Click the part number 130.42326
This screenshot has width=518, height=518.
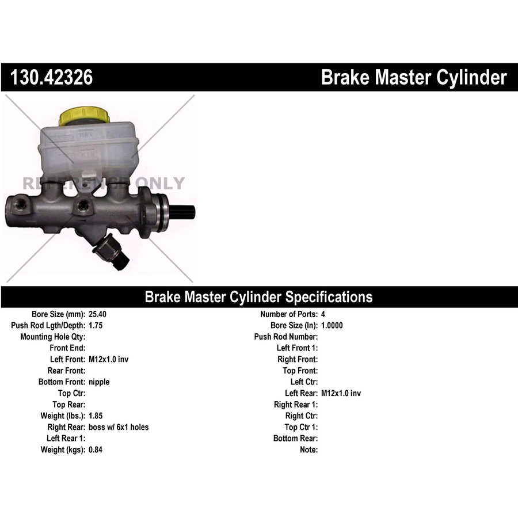click(52, 77)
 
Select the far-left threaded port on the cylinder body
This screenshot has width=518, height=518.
click(21, 205)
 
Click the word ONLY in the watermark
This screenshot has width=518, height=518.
click(159, 184)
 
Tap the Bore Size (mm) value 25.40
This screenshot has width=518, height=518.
click(97, 314)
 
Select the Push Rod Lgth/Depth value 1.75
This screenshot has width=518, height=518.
click(96, 325)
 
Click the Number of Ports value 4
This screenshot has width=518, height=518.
click(323, 314)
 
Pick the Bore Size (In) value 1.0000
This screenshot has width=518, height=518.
click(332, 325)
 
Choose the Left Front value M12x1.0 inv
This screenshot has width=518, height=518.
click(108, 359)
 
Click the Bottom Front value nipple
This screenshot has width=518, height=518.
click(99, 382)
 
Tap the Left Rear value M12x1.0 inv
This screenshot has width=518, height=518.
click(341, 393)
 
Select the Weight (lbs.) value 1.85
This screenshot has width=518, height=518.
click(96, 416)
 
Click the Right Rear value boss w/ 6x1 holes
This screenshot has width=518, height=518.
click(119, 427)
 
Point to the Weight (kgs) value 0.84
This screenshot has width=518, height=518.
click(96, 450)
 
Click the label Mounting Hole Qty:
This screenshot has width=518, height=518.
click(53, 337)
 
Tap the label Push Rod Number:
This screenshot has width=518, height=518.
click(286, 337)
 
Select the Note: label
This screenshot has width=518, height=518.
click(309, 450)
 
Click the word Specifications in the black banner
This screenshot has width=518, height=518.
click(329, 297)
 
